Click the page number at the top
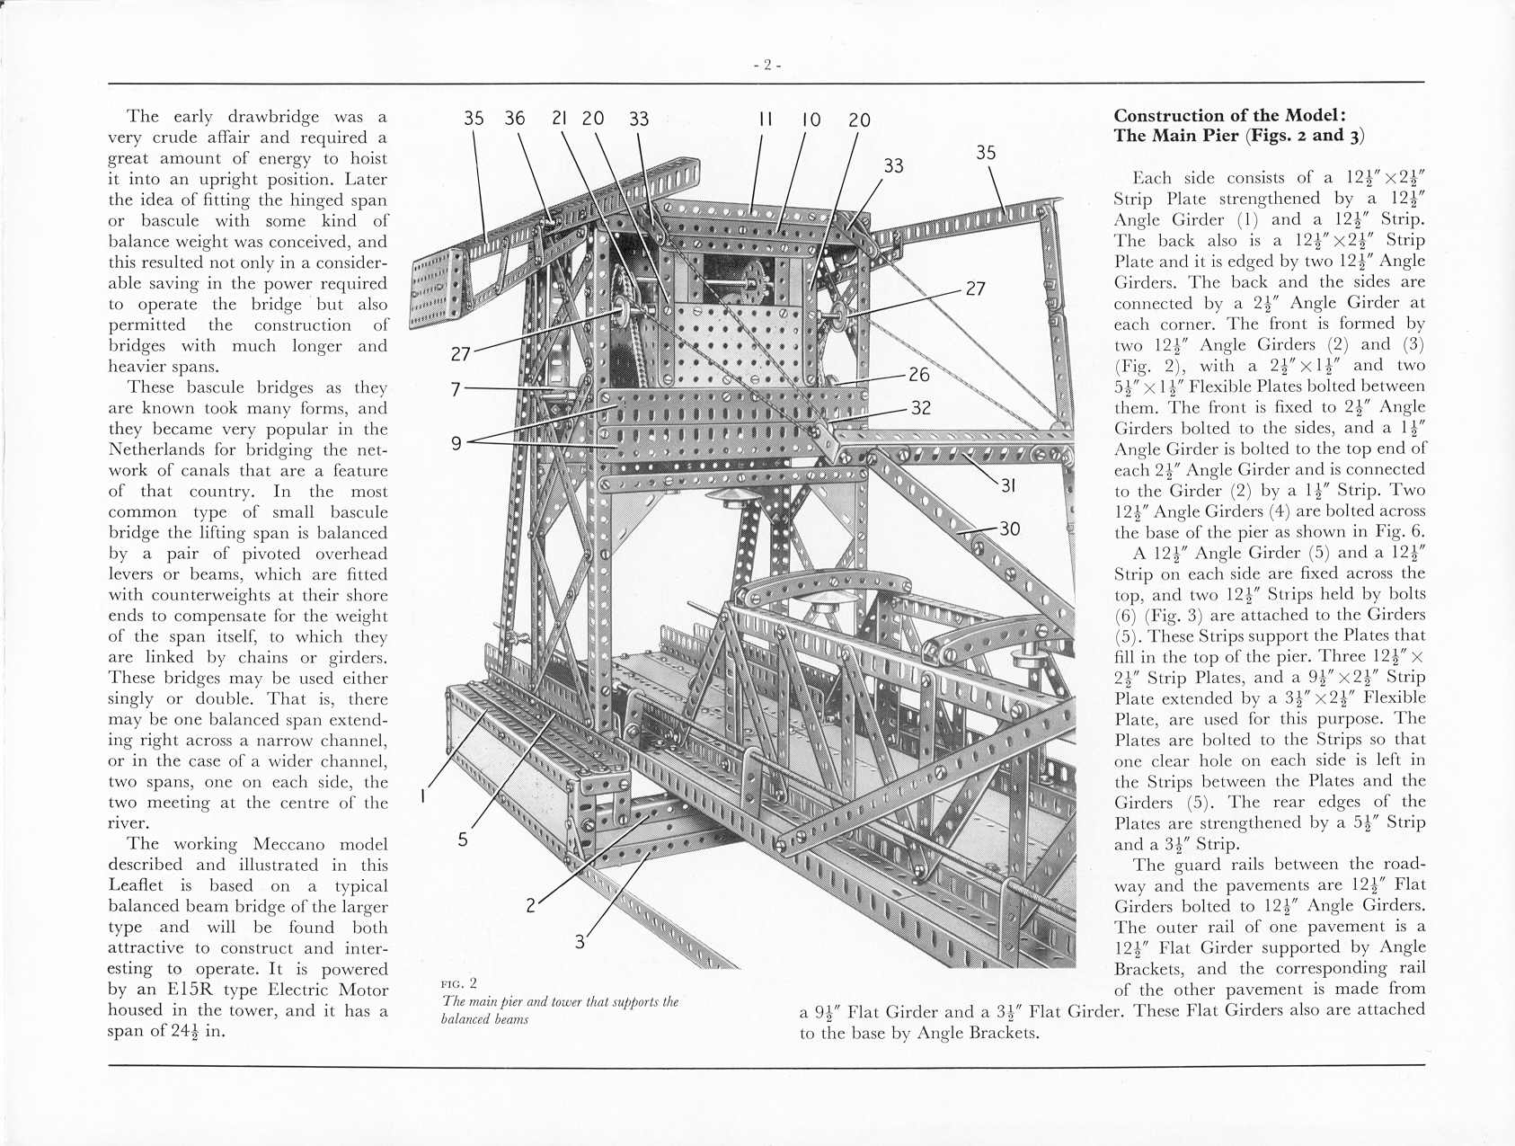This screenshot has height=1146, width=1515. coord(766,65)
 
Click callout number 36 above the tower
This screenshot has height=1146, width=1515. coord(515,119)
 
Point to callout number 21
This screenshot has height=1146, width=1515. coord(559,119)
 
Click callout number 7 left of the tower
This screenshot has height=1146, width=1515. coord(456,388)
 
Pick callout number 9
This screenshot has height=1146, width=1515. coord(456,442)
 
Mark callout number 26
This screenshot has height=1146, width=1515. coord(918,374)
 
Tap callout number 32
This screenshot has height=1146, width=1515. coord(920,407)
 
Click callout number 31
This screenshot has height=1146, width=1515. coord(1008,485)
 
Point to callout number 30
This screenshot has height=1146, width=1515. coord(1009,529)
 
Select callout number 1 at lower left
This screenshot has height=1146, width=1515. coord(423,795)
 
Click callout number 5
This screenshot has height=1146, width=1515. coord(462,840)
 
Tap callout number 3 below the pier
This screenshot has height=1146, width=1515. coord(580,941)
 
